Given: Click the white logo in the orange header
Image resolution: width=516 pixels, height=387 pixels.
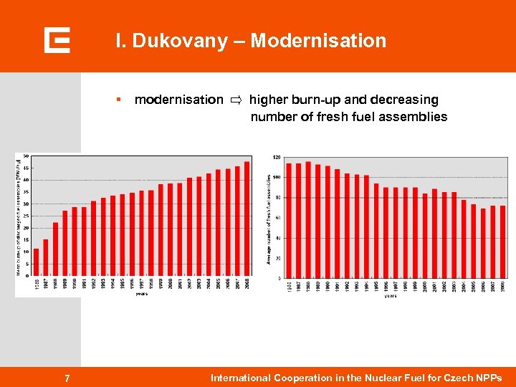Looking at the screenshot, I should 57,40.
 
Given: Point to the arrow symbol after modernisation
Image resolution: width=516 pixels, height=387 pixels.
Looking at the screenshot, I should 236,100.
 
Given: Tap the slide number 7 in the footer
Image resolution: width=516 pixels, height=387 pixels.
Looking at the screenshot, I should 67,378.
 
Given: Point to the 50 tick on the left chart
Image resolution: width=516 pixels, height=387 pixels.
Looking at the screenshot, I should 27,156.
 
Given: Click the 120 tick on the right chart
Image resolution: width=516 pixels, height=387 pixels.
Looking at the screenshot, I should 277,157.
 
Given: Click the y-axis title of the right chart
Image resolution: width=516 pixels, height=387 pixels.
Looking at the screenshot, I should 269,218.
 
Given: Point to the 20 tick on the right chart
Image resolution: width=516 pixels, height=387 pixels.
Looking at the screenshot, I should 278,258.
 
